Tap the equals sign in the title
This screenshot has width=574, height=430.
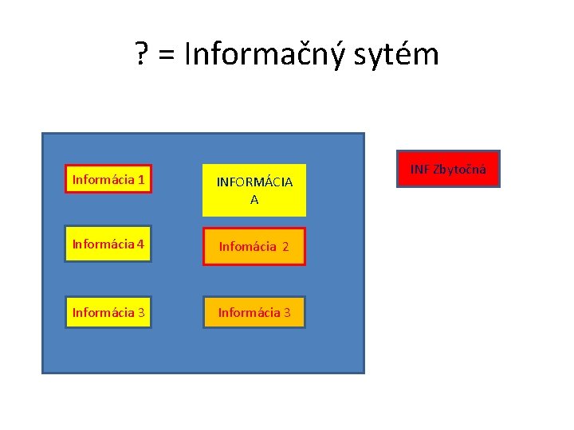point(166,56)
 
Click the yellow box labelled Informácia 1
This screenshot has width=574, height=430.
point(108,180)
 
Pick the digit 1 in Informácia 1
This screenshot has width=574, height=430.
point(140,180)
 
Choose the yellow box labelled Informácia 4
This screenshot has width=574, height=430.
point(108,244)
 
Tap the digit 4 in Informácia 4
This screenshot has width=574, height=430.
point(140,244)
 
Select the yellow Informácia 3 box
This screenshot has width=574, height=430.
point(108,311)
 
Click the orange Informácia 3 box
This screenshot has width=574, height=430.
point(254,312)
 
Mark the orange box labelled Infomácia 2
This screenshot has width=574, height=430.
point(254,247)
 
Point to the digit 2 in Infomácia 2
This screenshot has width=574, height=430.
point(285,247)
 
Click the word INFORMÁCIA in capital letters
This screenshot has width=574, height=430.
point(254,182)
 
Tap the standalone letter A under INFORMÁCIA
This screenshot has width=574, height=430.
point(254,200)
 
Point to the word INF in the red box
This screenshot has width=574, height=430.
point(420,169)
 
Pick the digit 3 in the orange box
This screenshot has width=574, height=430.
point(287,312)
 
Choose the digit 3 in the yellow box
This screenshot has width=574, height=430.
point(140,311)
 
